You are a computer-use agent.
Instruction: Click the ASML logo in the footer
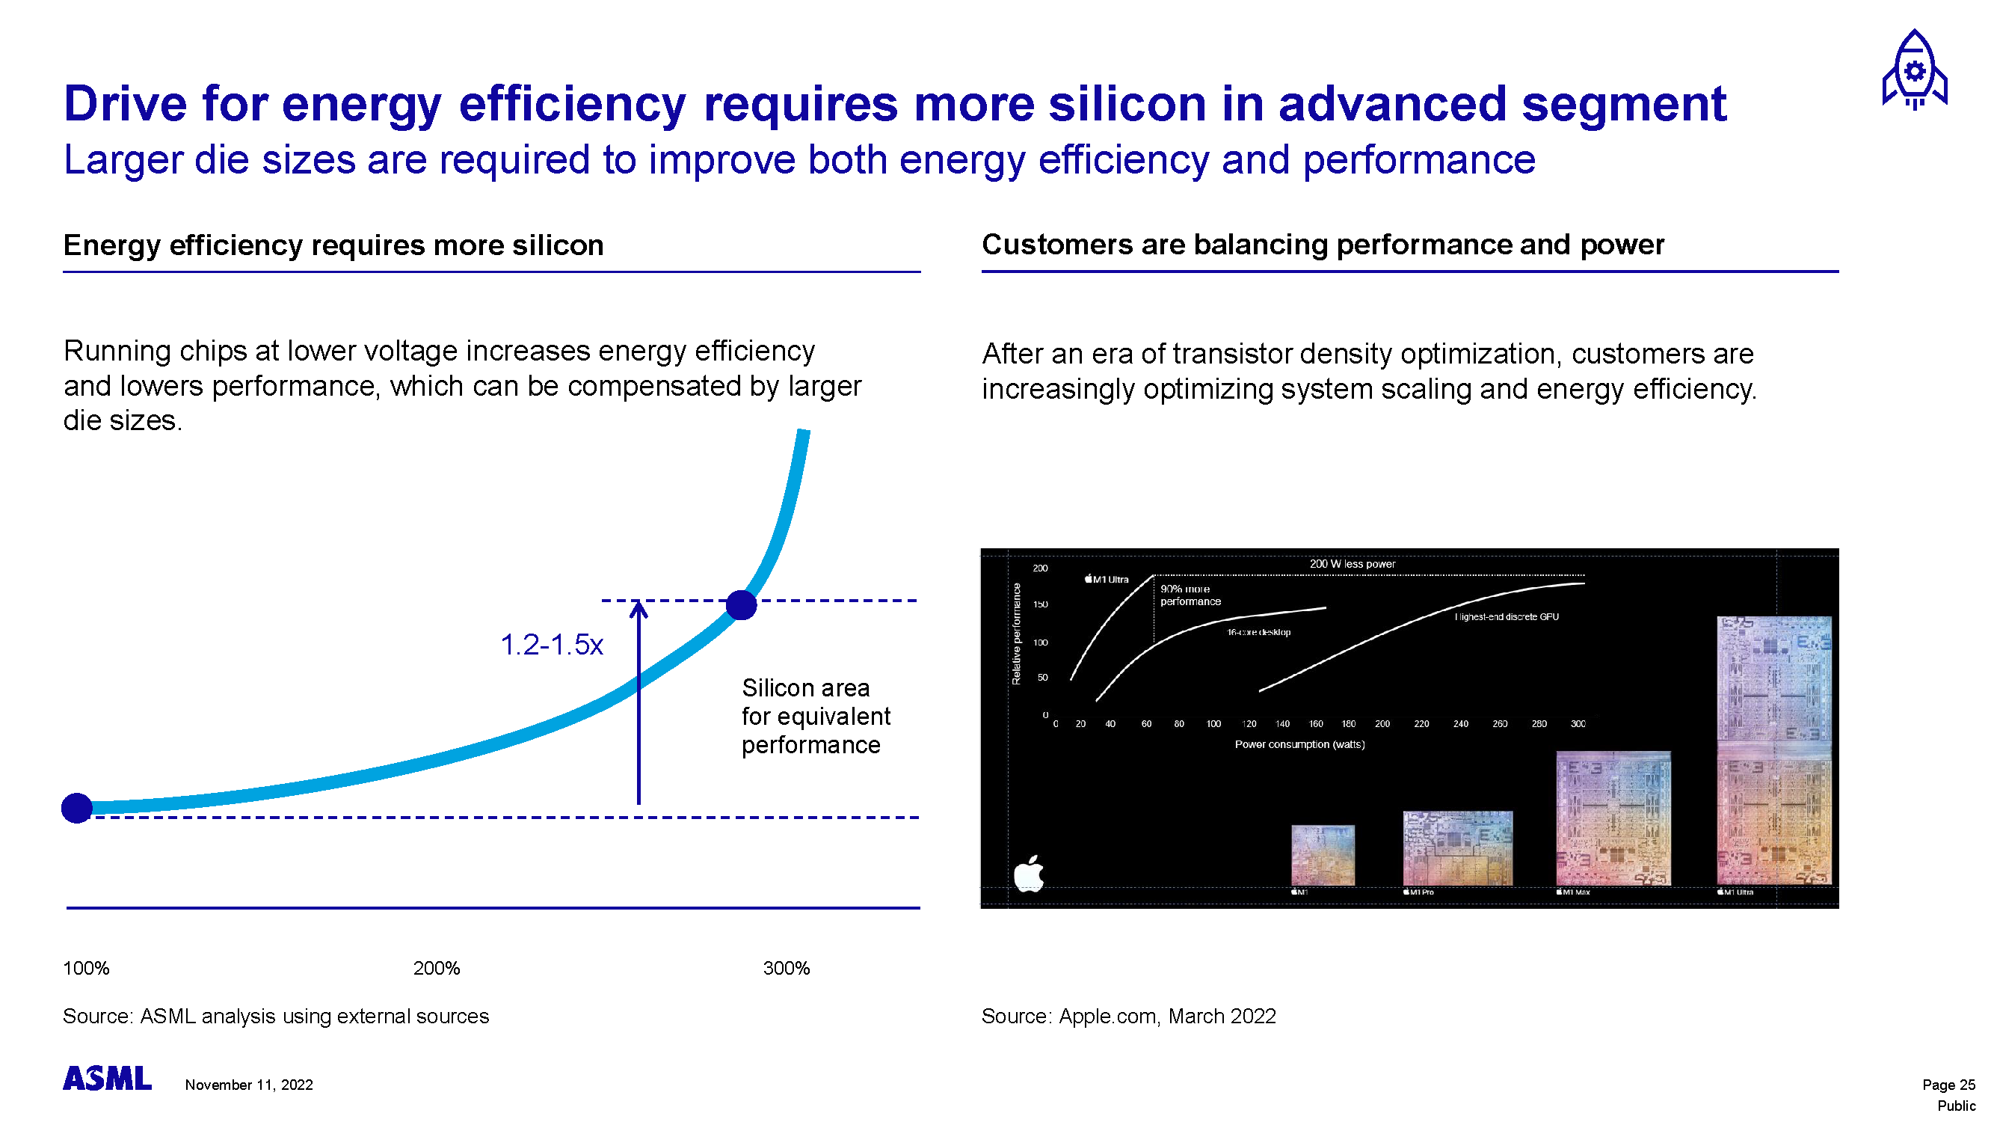[107, 1079]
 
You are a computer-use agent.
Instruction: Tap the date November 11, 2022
[248, 1085]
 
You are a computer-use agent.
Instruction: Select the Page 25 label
[1948, 1085]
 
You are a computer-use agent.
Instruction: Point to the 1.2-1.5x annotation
[551, 644]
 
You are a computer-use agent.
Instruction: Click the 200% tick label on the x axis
[436, 968]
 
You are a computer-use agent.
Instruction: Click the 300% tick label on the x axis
[786, 968]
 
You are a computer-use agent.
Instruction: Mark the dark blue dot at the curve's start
[76, 809]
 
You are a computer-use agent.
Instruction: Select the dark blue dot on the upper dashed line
[741, 604]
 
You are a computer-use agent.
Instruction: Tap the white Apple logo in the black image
[1030, 874]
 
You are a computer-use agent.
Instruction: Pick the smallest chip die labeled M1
[1323, 855]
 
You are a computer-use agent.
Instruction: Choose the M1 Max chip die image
[1613, 818]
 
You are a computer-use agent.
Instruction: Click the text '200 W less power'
[1352, 564]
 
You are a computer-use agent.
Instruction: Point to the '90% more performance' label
[1190, 595]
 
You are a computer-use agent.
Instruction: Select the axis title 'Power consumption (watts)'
[1299, 744]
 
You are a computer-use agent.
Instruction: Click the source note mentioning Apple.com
[1127, 1016]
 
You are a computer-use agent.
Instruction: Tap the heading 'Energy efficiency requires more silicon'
[333, 245]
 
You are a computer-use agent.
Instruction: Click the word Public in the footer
[1955, 1106]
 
